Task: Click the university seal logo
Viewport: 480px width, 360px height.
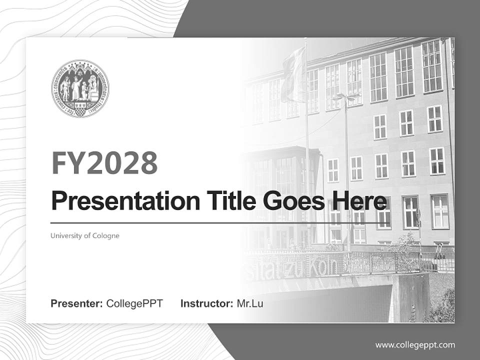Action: pyautogui.click(x=80, y=88)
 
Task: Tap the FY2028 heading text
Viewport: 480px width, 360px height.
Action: pyautogui.click(x=104, y=162)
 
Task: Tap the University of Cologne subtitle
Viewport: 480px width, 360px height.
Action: pyautogui.click(x=85, y=235)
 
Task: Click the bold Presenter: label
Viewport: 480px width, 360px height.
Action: pyautogui.click(x=77, y=303)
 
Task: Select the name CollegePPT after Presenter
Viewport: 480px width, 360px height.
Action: pyautogui.click(x=134, y=303)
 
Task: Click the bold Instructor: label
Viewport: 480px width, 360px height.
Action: pyautogui.click(x=206, y=303)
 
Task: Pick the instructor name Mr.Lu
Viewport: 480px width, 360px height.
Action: pyautogui.click(x=249, y=303)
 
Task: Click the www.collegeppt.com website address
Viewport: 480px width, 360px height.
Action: pyautogui.click(x=415, y=344)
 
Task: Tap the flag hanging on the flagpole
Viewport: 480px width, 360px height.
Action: pyautogui.click(x=292, y=75)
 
